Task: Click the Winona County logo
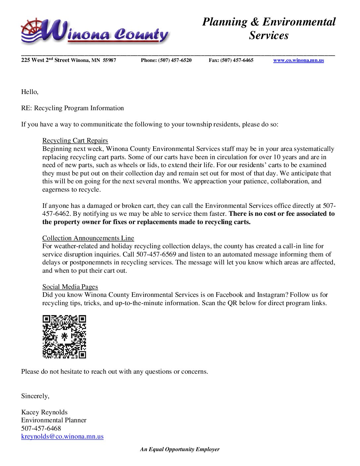tap(95, 32)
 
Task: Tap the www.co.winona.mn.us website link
tap(298, 60)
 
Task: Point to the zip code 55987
tap(110, 60)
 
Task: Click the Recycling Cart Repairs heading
tap(75, 141)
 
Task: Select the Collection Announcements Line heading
tap(88, 238)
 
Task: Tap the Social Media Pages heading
tap(70, 287)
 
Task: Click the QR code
tap(64, 337)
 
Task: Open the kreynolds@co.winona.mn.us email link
tap(62, 437)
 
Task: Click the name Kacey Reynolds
tap(44, 412)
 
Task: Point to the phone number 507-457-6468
tap(41, 429)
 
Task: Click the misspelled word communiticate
tap(102, 124)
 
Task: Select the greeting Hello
tap(29, 92)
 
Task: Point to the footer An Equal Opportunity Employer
tap(180, 449)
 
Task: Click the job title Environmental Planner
tap(54, 420)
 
